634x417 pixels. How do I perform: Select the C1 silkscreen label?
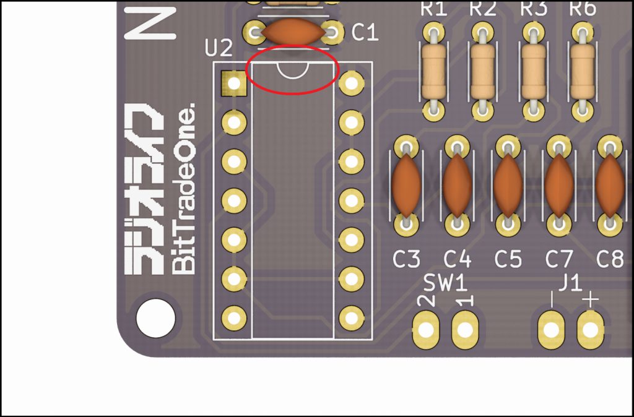[x=365, y=33]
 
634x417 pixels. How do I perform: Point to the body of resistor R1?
[x=433, y=70]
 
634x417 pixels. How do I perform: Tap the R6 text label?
[x=583, y=9]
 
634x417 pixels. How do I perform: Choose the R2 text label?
[x=483, y=9]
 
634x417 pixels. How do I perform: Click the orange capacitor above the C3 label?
[x=406, y=184]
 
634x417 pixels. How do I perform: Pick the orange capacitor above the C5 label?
[x=508, y=184]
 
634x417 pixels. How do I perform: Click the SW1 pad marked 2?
[x=426, y=329]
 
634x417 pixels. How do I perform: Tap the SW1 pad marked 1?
[x=465, y=329]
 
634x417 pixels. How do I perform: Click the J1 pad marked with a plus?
[x=591, y=329]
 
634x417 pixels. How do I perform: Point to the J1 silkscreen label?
[x=570, y=283]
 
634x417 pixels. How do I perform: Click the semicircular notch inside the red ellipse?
[x=292, y=71]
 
